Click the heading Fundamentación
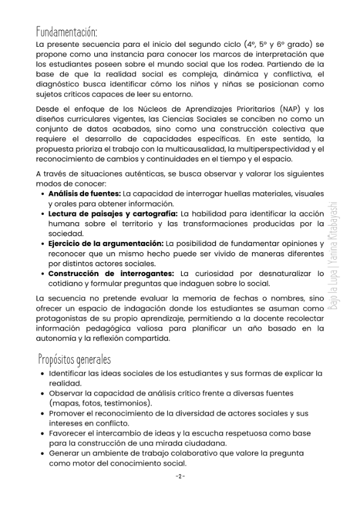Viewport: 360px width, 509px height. pyautogui.click(x=66, y=31)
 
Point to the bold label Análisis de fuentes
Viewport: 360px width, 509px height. pyautogui.click(x=84, y=194)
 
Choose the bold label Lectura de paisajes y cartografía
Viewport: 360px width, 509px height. pyautogui.click(x=112, y=214)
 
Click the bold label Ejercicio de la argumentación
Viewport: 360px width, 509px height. pyautogui.click(x=106, y=243)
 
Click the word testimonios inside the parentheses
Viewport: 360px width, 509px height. pyautogui.click(x=129, y=402)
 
